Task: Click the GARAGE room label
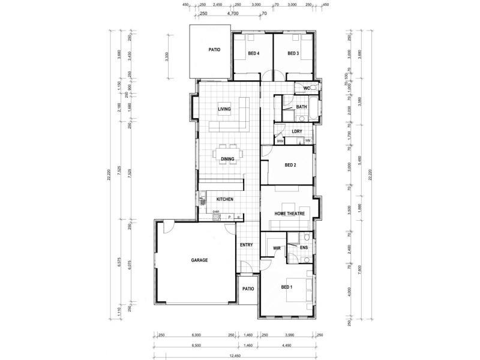pos(199,260)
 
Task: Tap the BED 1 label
pos(287,287)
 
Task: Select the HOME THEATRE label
pos(290,214)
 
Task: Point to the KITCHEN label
pos(225,199)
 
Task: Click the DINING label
pos(227,159)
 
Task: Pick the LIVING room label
pos(224,109)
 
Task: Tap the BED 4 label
pos(253,53)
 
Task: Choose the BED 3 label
pos(293,53)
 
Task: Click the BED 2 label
pos(290,165)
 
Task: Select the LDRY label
pos(296,131)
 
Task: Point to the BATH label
pos(301,107)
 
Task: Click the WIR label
pos(277,247)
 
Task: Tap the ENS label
pos(304,247)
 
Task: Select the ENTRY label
pos(246,245)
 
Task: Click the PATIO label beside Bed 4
pos(215,50)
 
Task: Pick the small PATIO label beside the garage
pos(248,289)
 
